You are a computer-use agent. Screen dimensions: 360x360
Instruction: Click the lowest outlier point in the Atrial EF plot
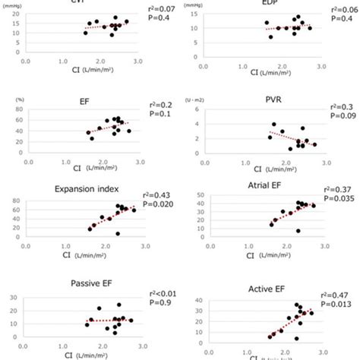pyautogui.click(x=298, y=231)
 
